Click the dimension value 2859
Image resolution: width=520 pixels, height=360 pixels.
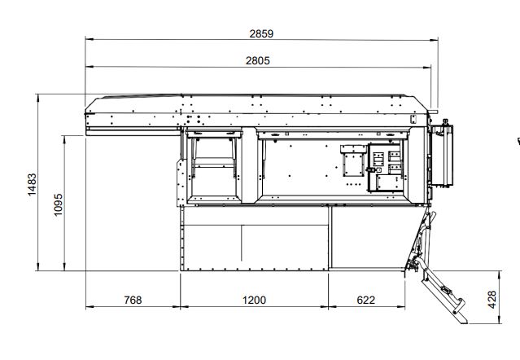tap(261, 34)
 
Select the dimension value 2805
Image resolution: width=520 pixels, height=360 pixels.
tap(258, 61)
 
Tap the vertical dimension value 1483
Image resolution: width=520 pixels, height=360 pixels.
tap(33, 184)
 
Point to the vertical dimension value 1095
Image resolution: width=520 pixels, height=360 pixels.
tap(58, 204)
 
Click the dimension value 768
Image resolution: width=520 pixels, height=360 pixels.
tap(133, 300)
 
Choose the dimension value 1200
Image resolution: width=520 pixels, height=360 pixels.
tap(254, 300)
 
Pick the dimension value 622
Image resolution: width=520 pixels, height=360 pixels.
tap(366, 300)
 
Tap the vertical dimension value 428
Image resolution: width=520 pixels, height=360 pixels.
tap(492, 299)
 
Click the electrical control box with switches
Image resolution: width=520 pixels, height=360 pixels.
tap(386, 168)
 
